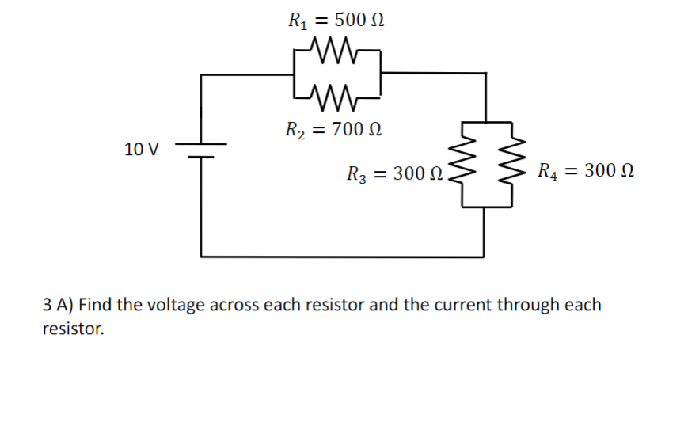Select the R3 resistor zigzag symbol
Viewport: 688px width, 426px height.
point(462,165)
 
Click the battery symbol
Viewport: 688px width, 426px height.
point(201,150)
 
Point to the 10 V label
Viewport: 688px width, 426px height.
point(142,149)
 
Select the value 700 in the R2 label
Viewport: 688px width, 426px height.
point(348,128)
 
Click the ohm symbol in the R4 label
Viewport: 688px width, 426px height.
point(625,170)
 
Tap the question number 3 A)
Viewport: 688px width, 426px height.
point(59,305)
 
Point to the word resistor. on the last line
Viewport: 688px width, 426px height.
point(73,329)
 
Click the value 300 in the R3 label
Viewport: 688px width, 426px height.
point(409,173)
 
